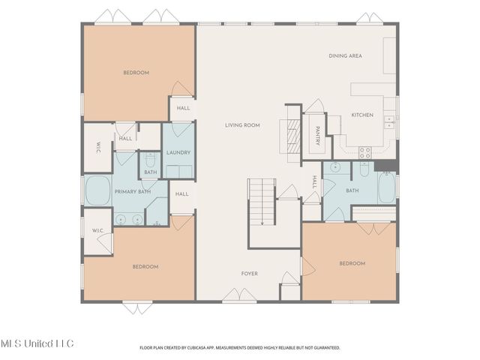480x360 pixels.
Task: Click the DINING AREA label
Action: click(x=346, y=55)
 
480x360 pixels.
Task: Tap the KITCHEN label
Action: click(x=362, y=115)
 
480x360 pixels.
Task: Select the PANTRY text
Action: click(x=318, y=135)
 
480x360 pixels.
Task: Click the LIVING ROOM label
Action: click(x=242, y=125)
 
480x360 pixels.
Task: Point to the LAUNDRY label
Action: click(x=178, y=152)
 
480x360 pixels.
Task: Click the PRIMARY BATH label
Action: click(x=133, y=192)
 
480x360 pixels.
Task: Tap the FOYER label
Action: click(x=249, y=274)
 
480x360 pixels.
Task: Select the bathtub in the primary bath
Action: click(x=97, y=191)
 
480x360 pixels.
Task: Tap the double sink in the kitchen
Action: click(x=390, y=122)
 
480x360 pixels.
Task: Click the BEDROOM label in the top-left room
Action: click(x=136, y=73)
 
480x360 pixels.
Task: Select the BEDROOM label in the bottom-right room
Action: click(x=351, y=263)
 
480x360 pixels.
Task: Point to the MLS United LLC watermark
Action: click(x=37, y=343)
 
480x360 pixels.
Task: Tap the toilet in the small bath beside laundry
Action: click(x=150, y=160)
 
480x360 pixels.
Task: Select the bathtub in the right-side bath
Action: click(x=386, y=187)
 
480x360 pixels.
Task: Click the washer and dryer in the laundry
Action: click(x=178, y=170)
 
